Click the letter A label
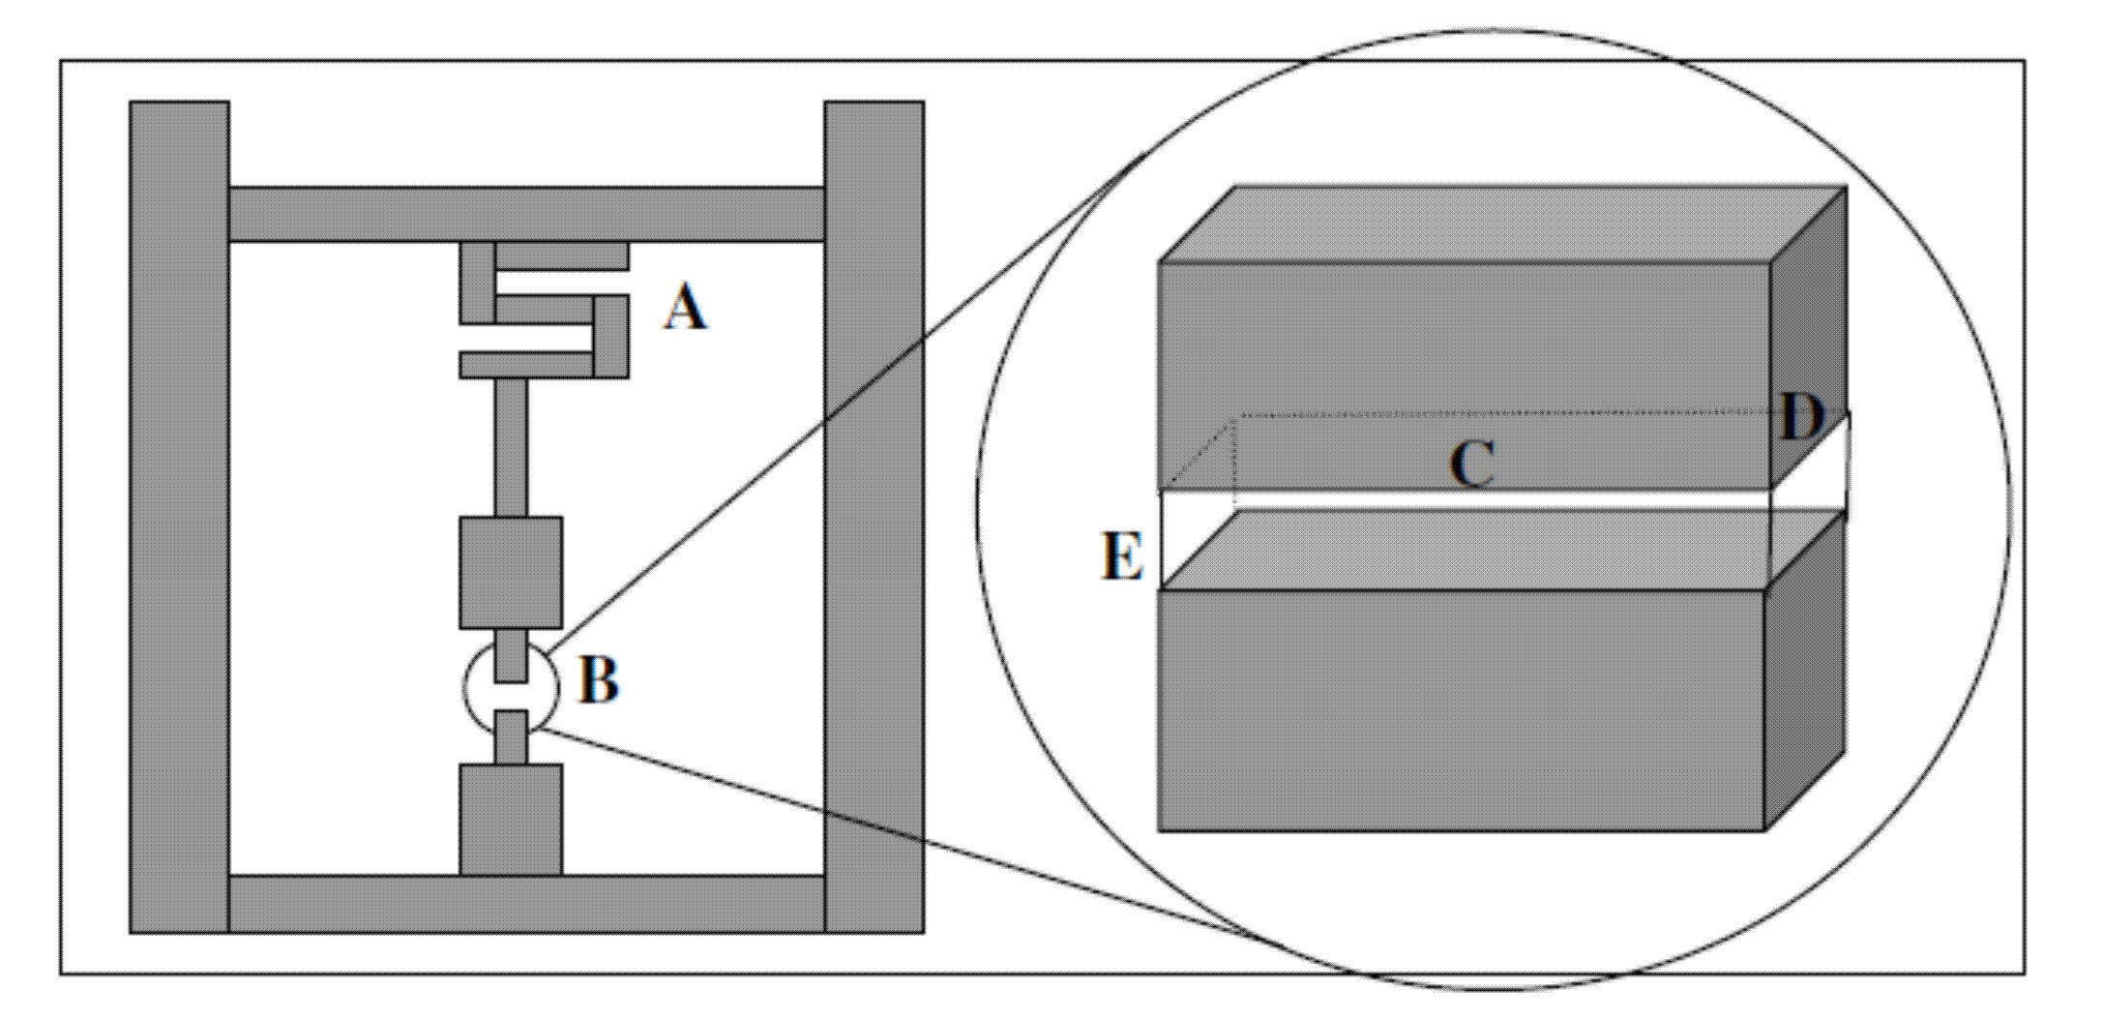click(x=685, y=311)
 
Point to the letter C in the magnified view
click(x=1471, y=465)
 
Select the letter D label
click(x=1801, y=418)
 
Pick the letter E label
click(x=1122, y=557)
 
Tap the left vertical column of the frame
click(x=180, y=517)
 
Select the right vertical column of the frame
click(x=874, y=517)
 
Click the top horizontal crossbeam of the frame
click(x=527, y=214)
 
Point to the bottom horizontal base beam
click(x=527, y=905)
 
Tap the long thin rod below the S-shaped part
click(x=512, y=447)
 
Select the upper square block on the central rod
click(x=511, y=573)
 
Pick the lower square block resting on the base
click(x=511, y=821)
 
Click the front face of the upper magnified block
click(x=1465, y=375)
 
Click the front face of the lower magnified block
click(x=1461, y=709)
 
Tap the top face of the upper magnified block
click(x=1503, y=224)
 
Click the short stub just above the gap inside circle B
click(x=511, y=655)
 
